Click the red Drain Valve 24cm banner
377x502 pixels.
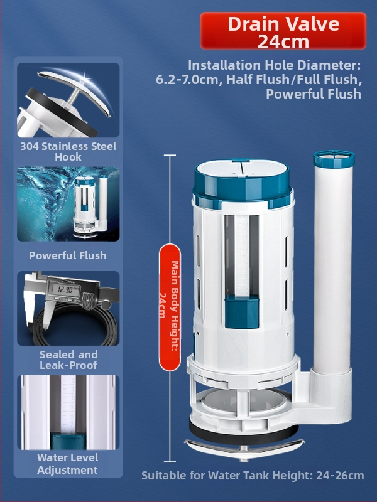283,31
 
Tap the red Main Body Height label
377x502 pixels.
170,307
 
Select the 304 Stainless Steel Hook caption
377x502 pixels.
68,151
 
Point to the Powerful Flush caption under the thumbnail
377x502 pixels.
68,255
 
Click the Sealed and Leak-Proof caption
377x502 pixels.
68,360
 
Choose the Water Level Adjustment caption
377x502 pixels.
68,464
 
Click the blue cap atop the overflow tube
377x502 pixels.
334,159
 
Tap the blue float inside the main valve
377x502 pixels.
242,312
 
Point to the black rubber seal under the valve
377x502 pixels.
244,434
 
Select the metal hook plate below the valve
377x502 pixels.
244,447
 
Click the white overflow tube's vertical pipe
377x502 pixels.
333,269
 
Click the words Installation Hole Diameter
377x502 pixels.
275,65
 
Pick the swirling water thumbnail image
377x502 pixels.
68,204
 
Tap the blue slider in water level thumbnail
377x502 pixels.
68,441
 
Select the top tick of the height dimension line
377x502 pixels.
170,155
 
